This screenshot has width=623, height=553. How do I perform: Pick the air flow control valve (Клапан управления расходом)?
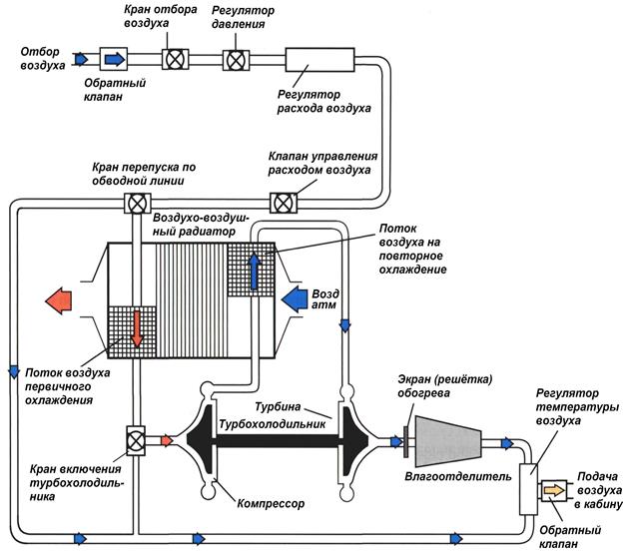point(286,204)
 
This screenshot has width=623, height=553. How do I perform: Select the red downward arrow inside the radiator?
point(136,334)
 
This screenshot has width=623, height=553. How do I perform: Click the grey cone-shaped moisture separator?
point(449,439)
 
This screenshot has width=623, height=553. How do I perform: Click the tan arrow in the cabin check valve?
point(551,490)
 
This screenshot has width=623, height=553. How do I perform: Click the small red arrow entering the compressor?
point(167,439)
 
